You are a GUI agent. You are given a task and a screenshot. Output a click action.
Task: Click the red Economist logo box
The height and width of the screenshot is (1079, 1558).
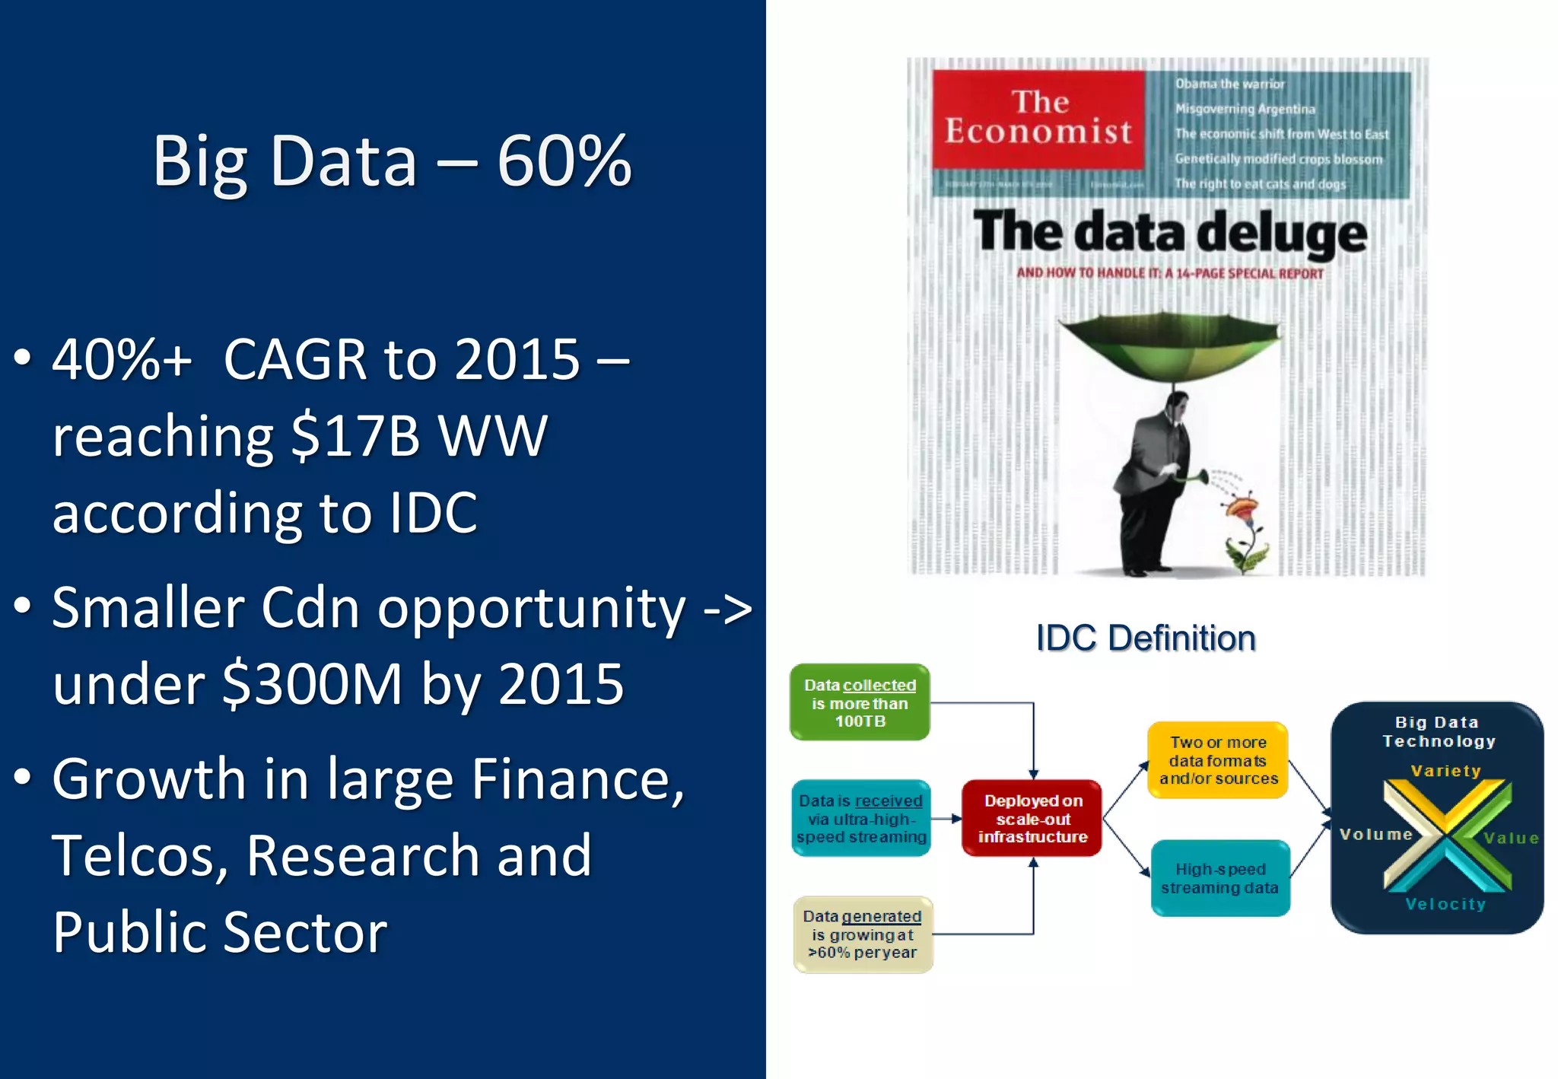point(1038,119)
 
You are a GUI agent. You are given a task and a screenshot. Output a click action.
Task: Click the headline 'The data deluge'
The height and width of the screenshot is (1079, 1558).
point(1169,231)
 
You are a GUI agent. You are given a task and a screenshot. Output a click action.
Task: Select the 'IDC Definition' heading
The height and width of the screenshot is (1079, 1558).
point(1146,638)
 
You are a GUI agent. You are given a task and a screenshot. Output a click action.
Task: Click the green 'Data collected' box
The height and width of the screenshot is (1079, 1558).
point(860,702)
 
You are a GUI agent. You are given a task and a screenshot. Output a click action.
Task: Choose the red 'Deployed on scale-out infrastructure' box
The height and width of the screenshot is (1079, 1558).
point(1032,818)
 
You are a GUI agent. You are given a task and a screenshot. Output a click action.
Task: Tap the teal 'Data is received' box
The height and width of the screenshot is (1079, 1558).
point(861,818)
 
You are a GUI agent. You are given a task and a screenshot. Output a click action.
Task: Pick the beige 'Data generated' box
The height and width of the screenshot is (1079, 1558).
point(863,934)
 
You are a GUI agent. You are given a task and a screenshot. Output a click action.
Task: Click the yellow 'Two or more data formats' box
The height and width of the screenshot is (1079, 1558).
point(1218,760)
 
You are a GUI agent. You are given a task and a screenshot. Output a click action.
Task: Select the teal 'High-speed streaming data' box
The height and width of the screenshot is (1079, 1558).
point(1219,878)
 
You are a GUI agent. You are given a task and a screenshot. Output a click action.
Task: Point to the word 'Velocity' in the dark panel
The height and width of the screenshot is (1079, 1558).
point(1445,904)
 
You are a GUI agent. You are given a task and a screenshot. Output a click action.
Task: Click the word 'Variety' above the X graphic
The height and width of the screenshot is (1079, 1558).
point(1445,771)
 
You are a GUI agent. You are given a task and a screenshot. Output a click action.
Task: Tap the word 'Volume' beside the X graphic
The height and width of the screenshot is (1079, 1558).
point(1375,835)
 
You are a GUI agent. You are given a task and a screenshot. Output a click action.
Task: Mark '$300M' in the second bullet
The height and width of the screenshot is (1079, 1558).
point(312,683)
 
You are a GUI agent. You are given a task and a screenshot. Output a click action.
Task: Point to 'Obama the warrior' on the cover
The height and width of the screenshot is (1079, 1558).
point(1229,84)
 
